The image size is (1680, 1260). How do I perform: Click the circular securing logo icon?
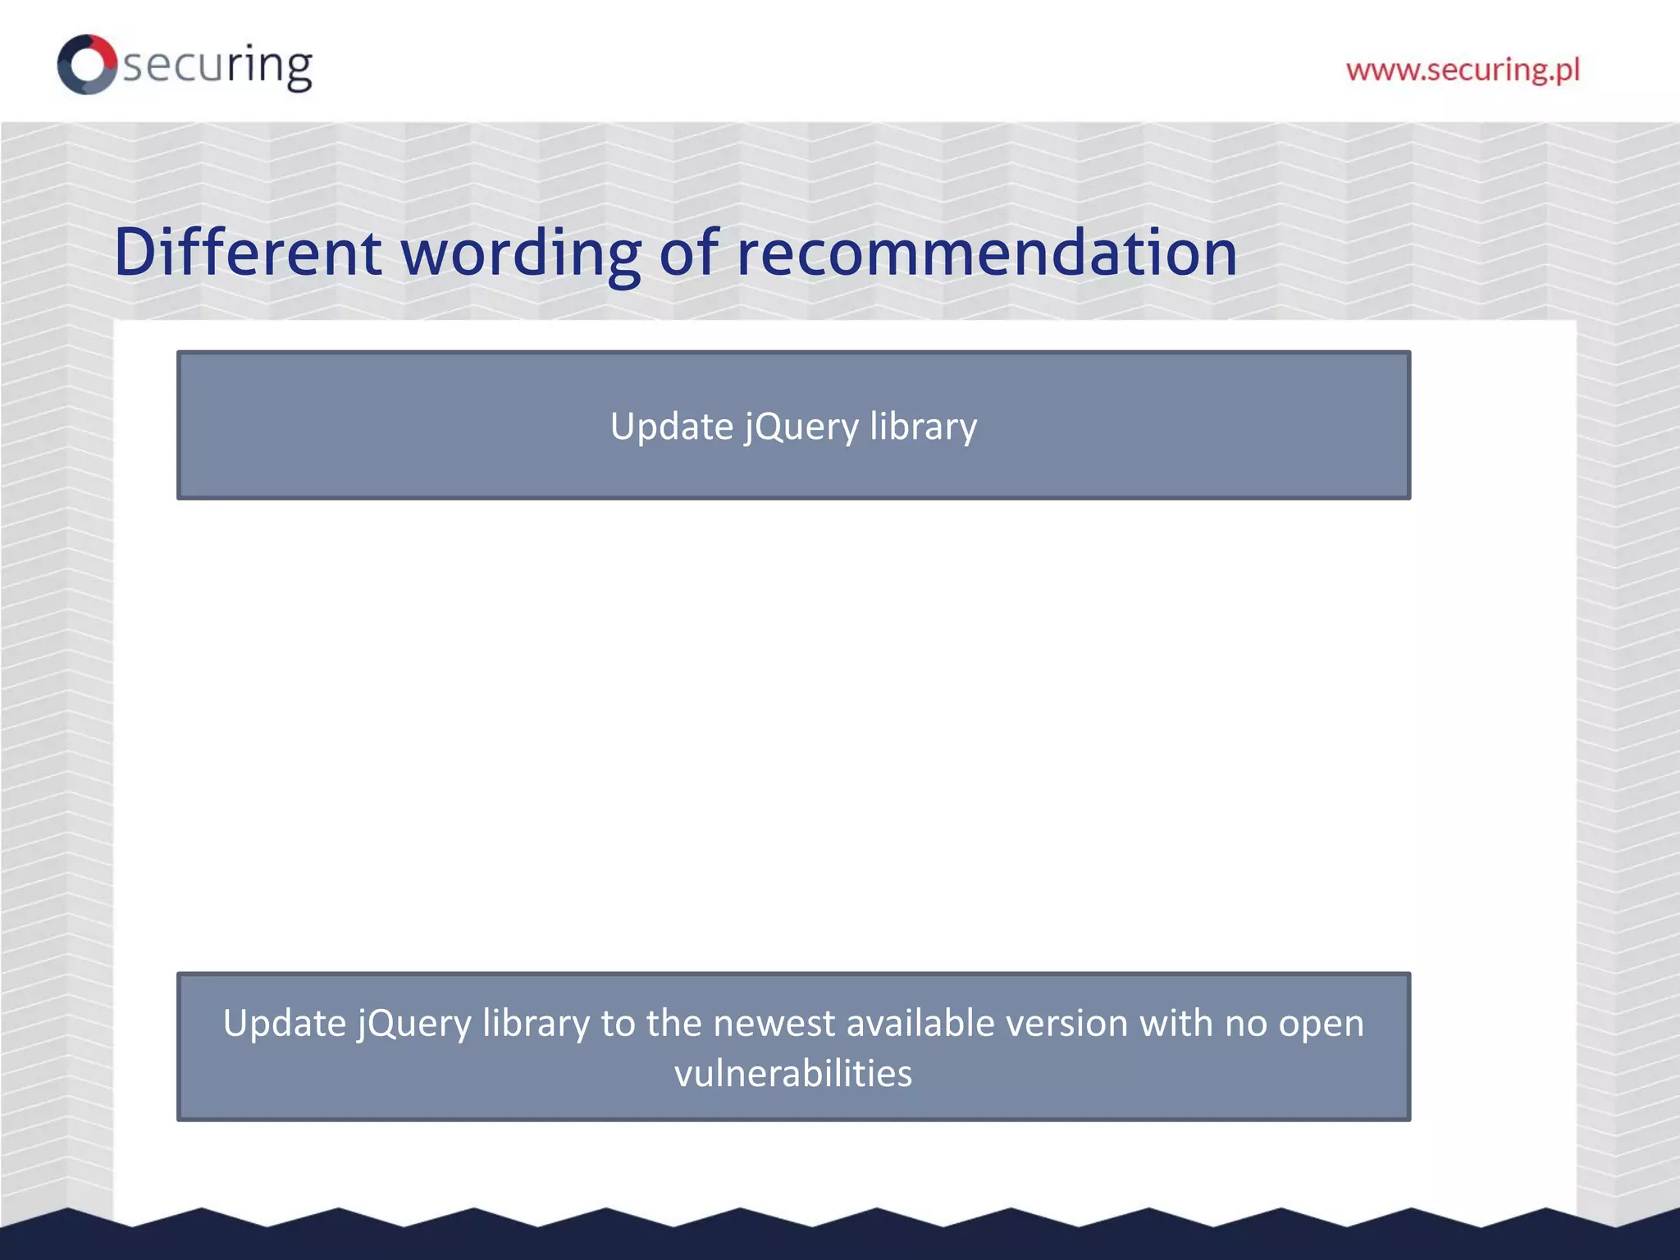(87, 64)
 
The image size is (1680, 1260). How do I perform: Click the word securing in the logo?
(217, 66)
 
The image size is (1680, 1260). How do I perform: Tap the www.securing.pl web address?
(1463, 70)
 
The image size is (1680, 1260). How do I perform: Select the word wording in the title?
(521, 253)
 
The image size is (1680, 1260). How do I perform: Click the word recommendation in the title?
(987, 253)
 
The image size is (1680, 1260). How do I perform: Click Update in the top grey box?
(672, 427)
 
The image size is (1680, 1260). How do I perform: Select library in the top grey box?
(924, 427)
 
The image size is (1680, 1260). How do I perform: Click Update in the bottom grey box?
(284, 1024)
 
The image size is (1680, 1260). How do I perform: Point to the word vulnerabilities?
(793, 1074)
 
